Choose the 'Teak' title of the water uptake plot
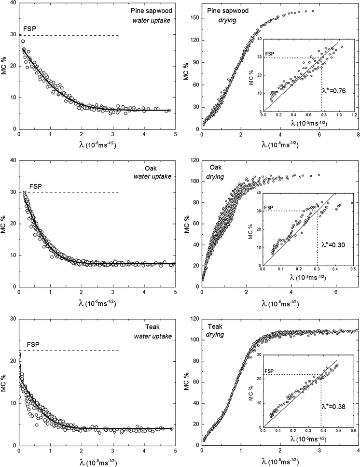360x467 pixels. (x=160, y=326)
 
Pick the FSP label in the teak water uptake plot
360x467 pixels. (x=32, y=345)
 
